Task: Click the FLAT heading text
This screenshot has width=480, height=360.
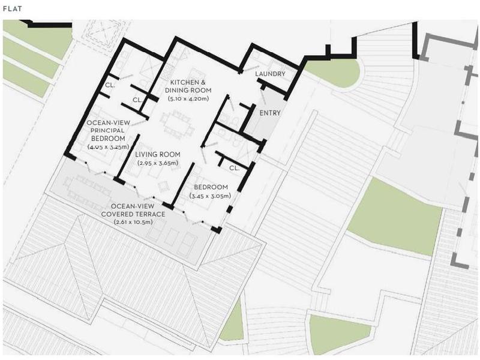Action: point(13,9)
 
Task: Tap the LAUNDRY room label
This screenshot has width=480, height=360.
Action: point(270,74)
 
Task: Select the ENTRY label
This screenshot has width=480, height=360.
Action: point(269,113)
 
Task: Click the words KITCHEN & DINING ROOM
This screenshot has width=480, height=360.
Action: point(188,86)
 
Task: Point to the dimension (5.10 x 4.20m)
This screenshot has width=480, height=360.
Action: point(188,98)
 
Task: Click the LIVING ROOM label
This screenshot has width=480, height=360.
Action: point(158,155)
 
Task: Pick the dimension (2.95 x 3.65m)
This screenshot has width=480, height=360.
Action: point(158,163)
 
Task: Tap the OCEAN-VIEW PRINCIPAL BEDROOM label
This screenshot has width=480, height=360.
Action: point(109,130)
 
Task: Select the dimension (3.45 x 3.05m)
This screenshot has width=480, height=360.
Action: point(211,196)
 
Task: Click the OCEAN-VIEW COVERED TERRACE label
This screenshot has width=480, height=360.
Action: point(133,210)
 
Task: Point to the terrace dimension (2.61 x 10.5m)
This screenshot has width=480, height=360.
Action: point(133,222)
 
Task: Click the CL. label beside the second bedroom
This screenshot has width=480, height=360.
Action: point(234,168)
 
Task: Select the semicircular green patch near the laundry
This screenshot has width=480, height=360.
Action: point(334,73)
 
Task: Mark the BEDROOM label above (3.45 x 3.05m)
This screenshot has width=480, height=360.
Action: point(211,187)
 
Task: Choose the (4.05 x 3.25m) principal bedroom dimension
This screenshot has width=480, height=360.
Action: point(109,147)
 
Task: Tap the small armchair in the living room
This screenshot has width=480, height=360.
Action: point(163,185)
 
